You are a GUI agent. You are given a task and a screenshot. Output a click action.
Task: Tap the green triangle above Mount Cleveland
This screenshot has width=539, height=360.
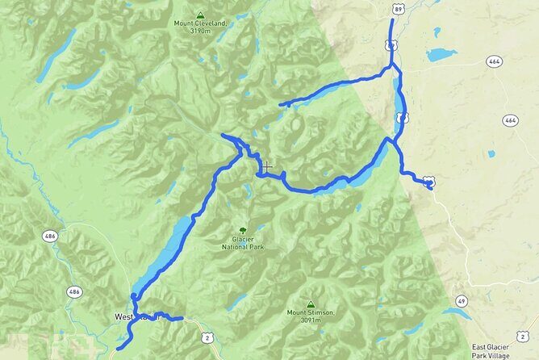coord(199,14)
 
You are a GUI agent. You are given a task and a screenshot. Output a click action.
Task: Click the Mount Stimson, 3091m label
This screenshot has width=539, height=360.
coord(310,316)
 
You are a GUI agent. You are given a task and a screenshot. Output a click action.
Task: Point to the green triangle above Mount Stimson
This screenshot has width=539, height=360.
coord(310,304)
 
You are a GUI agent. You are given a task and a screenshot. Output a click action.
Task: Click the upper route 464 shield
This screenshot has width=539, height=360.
coord(495,61)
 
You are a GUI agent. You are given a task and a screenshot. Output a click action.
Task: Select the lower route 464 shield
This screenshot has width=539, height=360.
coord(510,120)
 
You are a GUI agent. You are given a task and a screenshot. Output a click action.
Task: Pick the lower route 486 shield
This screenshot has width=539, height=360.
coord(75,291)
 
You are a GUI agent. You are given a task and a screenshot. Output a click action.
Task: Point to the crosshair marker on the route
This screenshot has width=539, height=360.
coord(266,167)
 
